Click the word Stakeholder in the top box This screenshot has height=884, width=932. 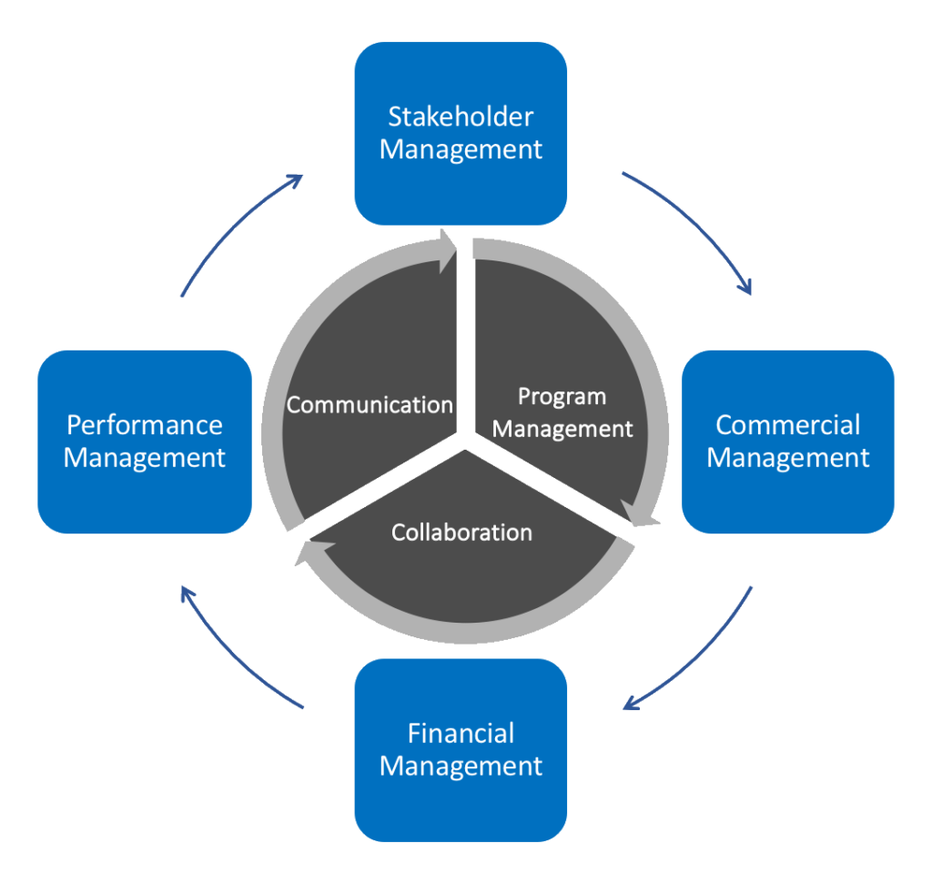[461, 117]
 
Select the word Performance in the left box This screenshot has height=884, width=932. [145, 424]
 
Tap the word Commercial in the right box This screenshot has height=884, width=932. [787, 424]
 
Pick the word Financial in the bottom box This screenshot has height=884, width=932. [461, 733]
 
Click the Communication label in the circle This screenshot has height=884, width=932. [370, 404]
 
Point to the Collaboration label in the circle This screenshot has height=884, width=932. [461, 532]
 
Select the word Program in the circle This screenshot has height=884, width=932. [562, 396]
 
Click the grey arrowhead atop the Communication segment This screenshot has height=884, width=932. [447, 247]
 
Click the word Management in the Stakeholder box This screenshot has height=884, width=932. [461, 149]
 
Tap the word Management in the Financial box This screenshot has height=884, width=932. [461, 766]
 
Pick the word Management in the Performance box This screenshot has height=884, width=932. [145, 457]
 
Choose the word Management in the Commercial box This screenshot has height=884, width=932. [787, 457]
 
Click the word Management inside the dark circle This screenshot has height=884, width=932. [562, 428]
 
